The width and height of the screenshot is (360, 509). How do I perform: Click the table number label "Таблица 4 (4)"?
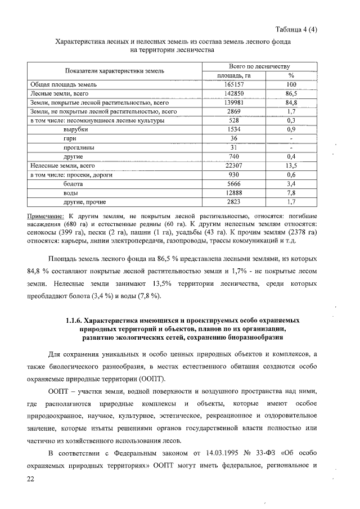tap(297, 30)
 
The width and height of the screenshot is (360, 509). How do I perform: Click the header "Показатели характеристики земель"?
tap(114, 71)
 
